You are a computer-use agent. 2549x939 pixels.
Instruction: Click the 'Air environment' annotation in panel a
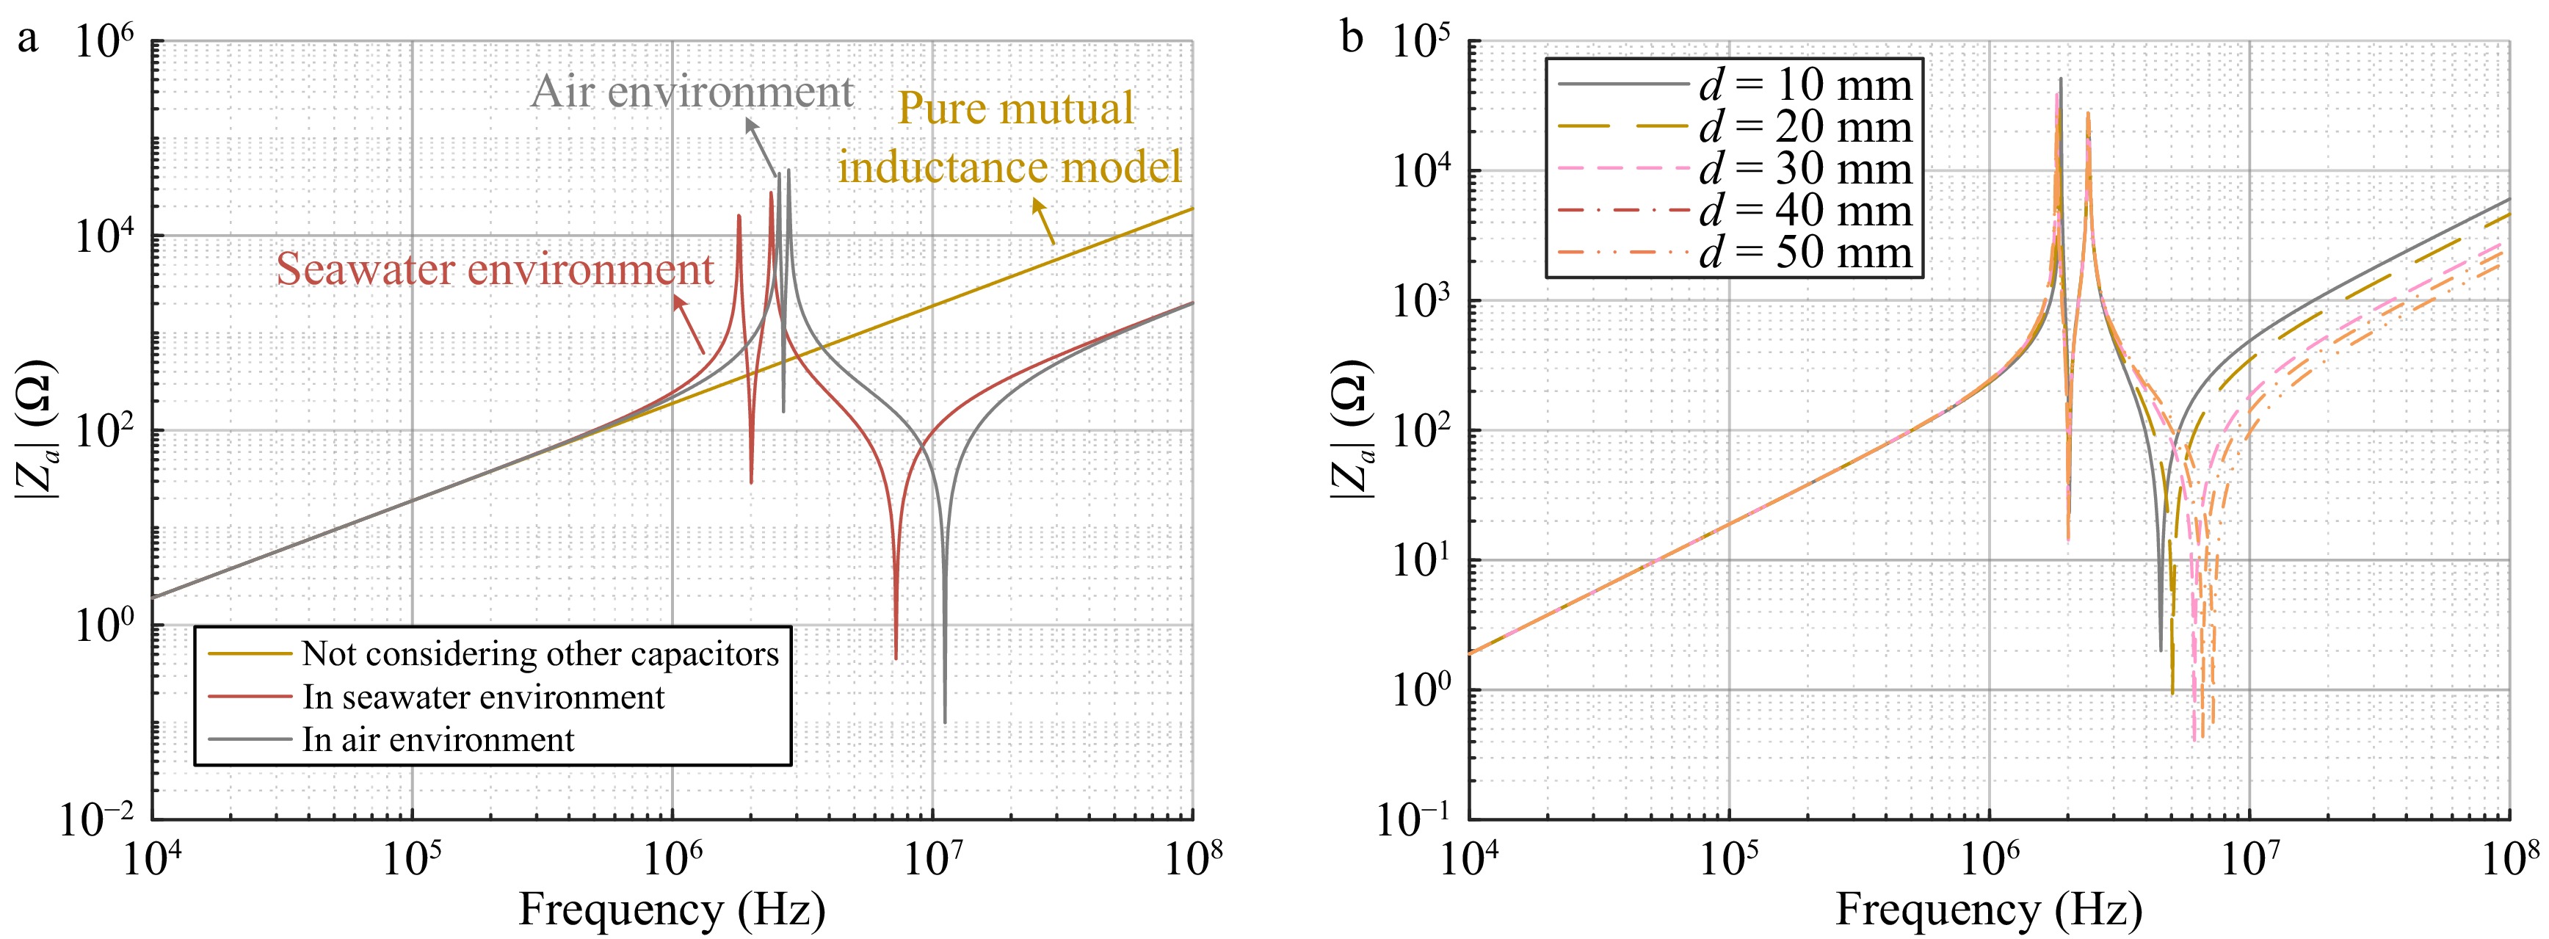click(692, 92)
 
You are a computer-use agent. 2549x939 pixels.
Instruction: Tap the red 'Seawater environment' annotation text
click(495, 270)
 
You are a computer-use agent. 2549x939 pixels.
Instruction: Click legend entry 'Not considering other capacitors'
click(540, 654)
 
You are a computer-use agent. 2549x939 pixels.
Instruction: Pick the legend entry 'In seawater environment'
click(483, 697)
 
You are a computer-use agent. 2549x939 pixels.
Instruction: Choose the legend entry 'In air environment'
click(438, 740)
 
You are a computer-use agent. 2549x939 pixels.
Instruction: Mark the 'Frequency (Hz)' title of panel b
click(1989, 908)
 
